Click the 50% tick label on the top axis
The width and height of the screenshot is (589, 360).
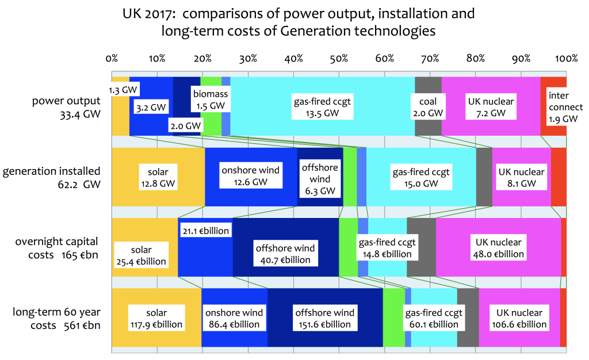(x=339, y=59)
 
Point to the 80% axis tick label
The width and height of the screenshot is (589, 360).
(x=476, y=59)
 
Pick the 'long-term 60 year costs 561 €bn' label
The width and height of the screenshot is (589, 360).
(x=56, y=318)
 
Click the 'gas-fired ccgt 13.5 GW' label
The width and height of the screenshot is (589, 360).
(x=322, y=108)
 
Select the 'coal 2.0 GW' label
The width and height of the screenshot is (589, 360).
(x=427, y=108)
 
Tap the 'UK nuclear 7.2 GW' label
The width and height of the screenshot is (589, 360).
(x=491, y=108)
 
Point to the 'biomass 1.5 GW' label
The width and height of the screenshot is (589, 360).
(x=209, y=100)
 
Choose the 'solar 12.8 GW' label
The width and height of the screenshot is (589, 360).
(x=158, y=178)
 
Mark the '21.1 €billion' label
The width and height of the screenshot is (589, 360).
(x=205, y=231)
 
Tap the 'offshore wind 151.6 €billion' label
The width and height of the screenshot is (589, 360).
(x=325, y=318)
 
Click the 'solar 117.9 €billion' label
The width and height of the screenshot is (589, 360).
(x=156, y=319)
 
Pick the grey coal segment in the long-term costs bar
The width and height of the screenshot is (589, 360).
(x=468, y=318)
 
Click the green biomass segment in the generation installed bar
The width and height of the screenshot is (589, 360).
(x=350, y=177)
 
